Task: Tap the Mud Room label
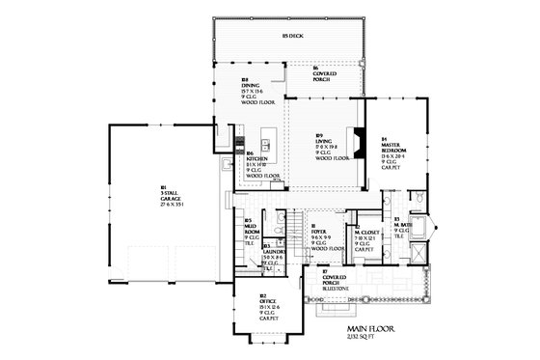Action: pos(250,229)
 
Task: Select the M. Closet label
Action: pos(368,235)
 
